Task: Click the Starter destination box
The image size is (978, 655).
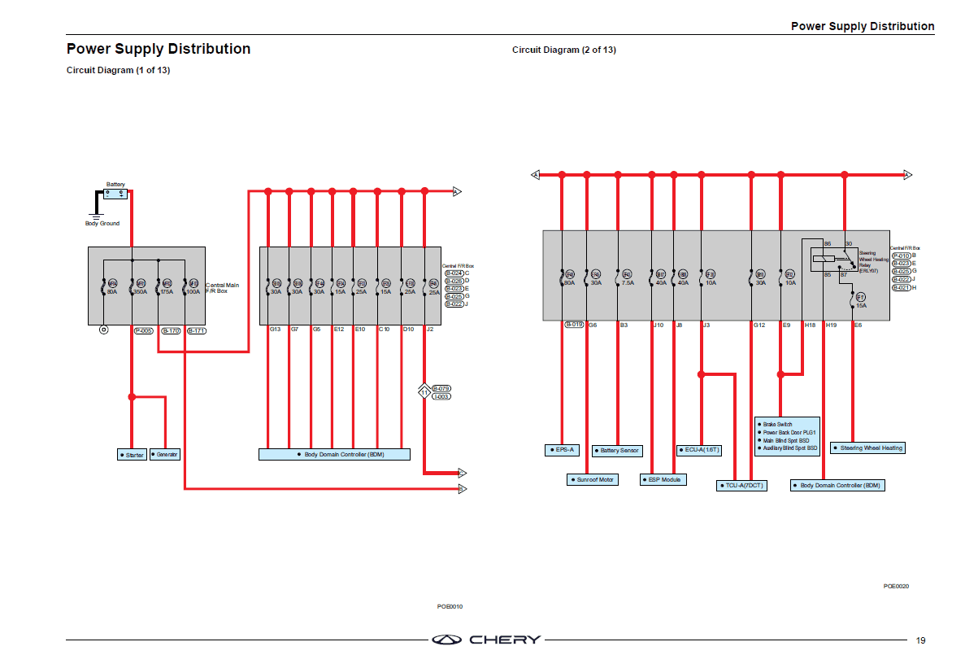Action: (x=132, y=455)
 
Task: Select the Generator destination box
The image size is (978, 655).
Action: (x=165, y=455)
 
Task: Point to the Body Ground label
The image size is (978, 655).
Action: (x=102, y=224)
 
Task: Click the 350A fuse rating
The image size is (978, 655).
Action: (x=141, y=290)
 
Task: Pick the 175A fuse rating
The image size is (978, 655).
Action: (x=166, y=290)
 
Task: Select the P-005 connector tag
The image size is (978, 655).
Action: (x=144, y=331)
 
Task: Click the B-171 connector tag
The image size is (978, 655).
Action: (x=196, y=331)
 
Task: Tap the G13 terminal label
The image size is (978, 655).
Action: (x=275, y=330)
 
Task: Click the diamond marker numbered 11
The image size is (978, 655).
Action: (x=424, y=393)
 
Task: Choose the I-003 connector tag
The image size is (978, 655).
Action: (x=441, y=397)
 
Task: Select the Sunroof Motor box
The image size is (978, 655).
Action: (x=592, y=480)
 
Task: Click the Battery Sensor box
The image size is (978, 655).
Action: (x=618, y=451)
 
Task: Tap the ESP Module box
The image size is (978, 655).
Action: (x=663, y=480)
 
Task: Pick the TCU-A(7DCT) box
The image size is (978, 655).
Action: (x=741, y=486)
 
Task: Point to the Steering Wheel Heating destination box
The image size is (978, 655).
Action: (x=868, y=448)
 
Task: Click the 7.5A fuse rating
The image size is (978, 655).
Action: (x=628, y=283)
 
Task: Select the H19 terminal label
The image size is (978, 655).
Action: (x=831, y=325)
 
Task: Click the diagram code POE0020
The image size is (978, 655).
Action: (x=896, y=586)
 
